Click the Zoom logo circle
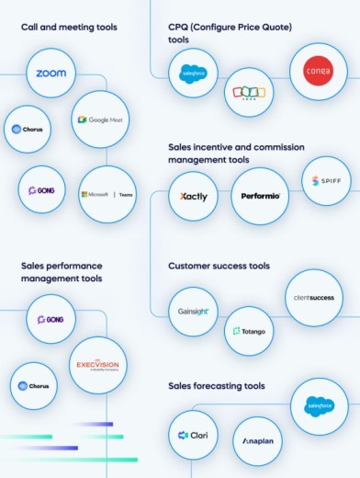point(51,74)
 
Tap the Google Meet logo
point(102,119)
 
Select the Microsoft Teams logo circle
point(108,194)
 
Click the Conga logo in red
point(318,72)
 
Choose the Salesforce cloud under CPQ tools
point(194,74)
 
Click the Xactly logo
point(194,196)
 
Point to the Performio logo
point(259,196)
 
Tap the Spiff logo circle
point(326,181)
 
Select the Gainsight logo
point(194,312)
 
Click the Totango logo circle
point(249,330)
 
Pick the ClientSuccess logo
point(314,298)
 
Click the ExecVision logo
point(98,365)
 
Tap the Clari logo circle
point(194,435)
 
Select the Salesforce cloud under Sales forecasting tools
point(319,405)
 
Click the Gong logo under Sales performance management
point(51,319)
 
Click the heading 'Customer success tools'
point(219,267)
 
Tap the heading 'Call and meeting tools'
point(69,28)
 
